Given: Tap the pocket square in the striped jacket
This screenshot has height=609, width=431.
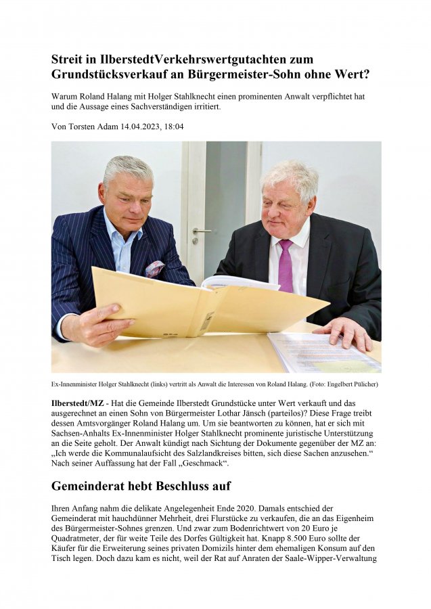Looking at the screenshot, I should tap(155, 269).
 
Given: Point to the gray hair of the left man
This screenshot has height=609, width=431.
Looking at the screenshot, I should tap(128, 168).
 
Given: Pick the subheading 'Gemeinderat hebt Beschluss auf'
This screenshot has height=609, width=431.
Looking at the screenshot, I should tap(141, 485).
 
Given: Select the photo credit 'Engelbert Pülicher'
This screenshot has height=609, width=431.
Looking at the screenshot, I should tap(350, 384).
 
